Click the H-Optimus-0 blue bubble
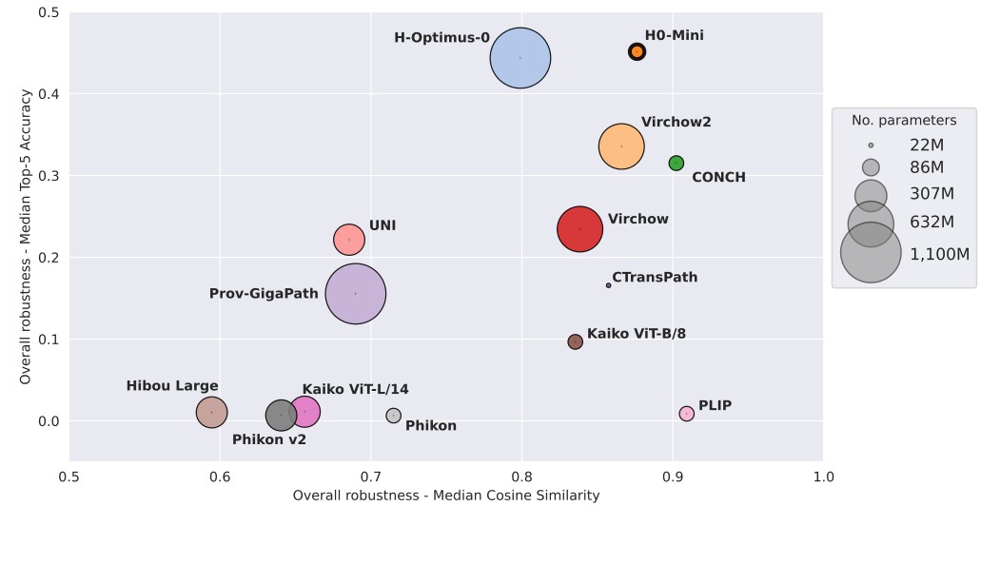click(520, 58)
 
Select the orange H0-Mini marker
click(637, 51)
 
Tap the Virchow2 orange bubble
click(621, 146)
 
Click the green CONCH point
click(676, 164)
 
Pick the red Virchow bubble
click(579, 229)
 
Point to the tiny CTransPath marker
click(609, 285)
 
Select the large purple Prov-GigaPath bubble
click(356, 294)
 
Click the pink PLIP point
click(686, 414)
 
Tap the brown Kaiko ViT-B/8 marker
click(575, 341)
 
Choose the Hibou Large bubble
click(211, 412)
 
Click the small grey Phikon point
click(394, 416)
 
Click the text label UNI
click(382, 225)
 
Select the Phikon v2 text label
click(269, 439)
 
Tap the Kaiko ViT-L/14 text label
click(355, 389)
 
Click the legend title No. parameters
click(903, 120)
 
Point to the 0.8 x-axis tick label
click(521, 477)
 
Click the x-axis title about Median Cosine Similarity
click(445, 496)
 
